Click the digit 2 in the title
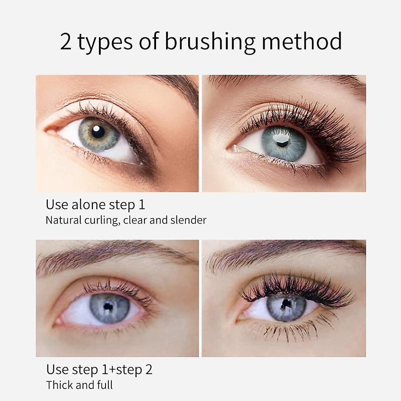[x=66, y=41]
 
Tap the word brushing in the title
[x=210, y=42]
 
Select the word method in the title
[x=301, y=41]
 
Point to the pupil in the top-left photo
[x=98, y=132]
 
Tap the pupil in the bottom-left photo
[x=108, y=306]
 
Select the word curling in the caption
[x=102, y=220]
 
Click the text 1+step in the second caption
[x=115, y=370]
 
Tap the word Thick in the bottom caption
[x=59, y=385]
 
